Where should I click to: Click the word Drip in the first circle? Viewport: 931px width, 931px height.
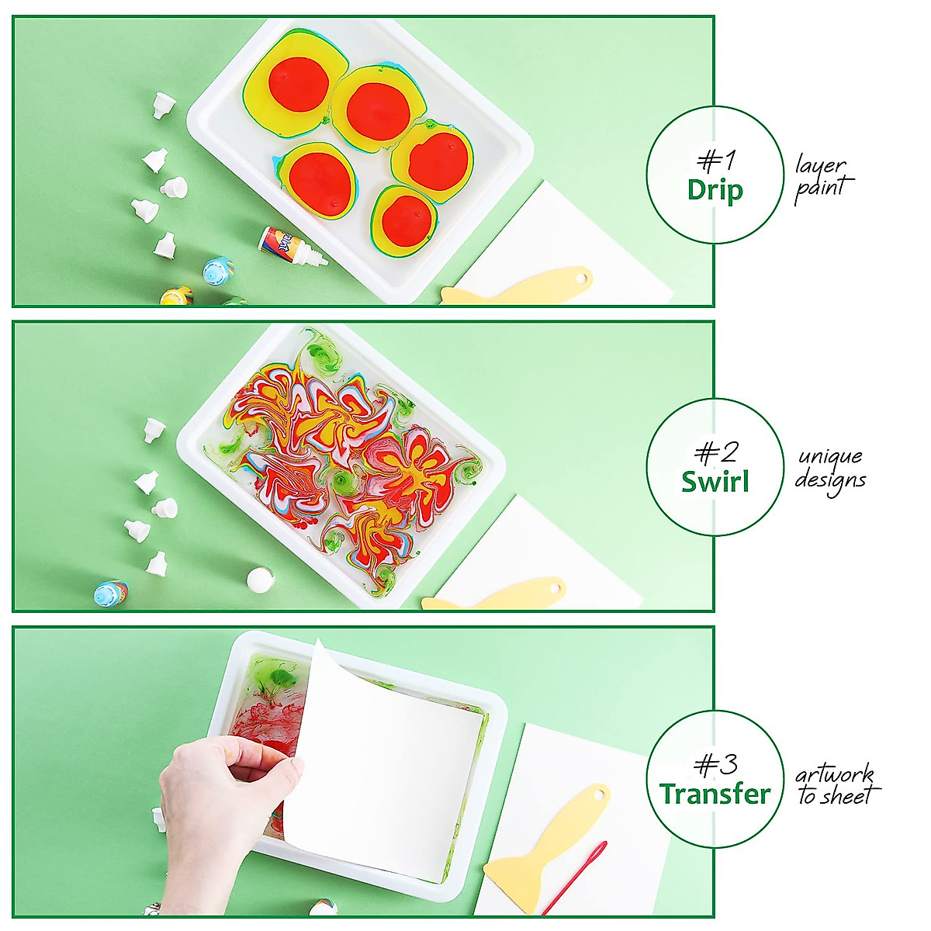(715, 190)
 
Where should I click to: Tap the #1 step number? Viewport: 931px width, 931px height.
(715, 161)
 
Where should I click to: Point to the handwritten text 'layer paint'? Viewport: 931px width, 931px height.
(822, 177)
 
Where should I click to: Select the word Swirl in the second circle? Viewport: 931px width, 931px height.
(715, 482)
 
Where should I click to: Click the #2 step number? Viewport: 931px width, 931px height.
(715, 452)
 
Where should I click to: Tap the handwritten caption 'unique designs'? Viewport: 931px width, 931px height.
(829, 469)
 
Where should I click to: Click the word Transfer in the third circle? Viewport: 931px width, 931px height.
(715, 794)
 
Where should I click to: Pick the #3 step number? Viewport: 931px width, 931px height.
(715, 765)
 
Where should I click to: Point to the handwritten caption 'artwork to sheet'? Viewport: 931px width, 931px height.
(836, 784)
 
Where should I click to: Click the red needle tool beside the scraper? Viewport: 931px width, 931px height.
(575, 877)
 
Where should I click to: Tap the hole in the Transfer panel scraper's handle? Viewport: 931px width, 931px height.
(597, 794)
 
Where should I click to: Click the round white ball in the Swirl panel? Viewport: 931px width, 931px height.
(258, 579)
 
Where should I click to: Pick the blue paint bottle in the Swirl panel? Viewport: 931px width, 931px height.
(110, 594)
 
